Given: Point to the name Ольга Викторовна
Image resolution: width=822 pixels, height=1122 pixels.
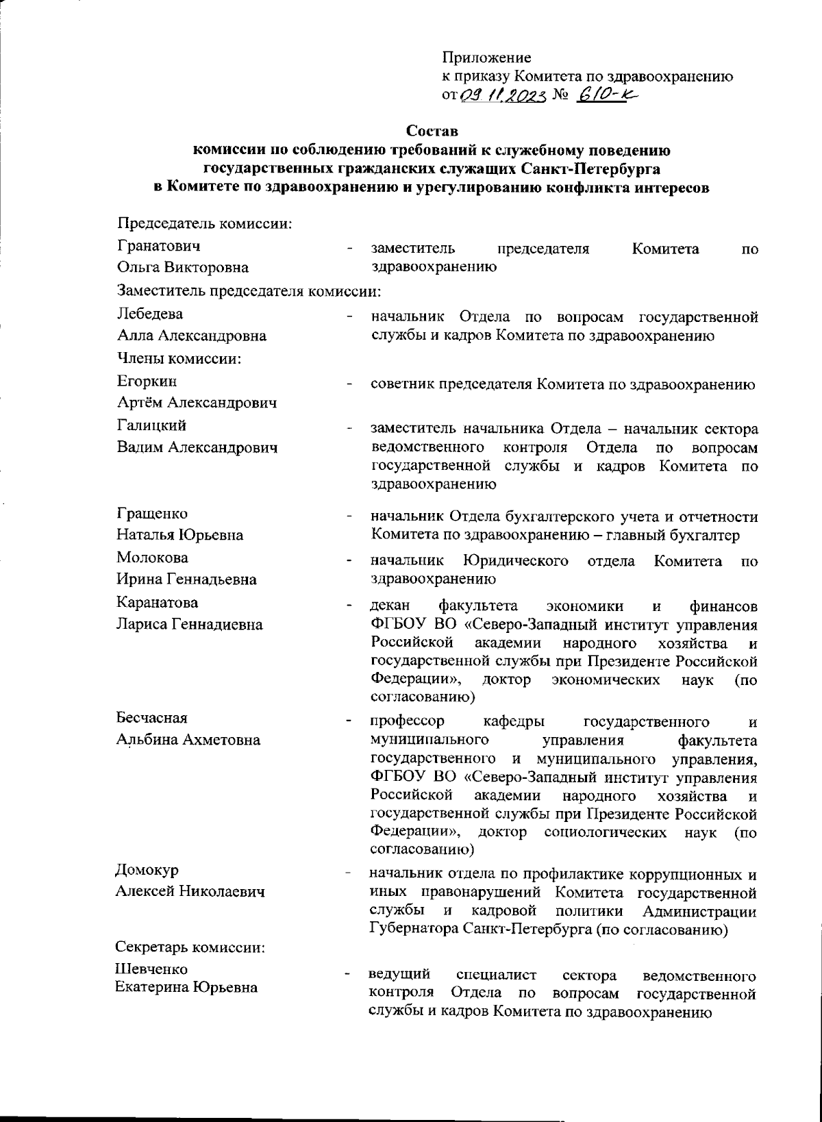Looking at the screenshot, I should click(183, 267).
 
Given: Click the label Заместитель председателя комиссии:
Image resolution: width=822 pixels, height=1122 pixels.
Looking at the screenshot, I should click(249, 291).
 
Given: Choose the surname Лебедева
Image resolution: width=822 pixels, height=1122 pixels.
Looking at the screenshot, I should click(150, 314).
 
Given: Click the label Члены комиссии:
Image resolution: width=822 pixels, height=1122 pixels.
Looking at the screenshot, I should click(182, 358).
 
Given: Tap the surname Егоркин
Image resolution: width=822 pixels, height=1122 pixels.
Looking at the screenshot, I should click(147, 381).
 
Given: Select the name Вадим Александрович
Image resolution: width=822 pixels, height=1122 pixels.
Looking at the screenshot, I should click(197, 447).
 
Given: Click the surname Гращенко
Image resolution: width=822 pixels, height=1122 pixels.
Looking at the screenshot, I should click(152, 514).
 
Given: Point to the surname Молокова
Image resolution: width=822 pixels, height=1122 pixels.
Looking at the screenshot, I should click(152, 558).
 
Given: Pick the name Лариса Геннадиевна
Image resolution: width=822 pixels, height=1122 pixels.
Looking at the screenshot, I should click(190, 625).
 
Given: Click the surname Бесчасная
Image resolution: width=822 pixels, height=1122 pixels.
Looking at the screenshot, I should click(151, 718).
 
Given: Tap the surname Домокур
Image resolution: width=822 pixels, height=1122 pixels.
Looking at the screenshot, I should click(147, 870).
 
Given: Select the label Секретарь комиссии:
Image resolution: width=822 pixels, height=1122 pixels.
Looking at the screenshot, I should click(190, 948).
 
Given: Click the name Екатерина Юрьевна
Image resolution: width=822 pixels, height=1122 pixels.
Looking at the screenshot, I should click(186, 987).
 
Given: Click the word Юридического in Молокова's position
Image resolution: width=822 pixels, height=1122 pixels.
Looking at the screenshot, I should click(516, 562).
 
